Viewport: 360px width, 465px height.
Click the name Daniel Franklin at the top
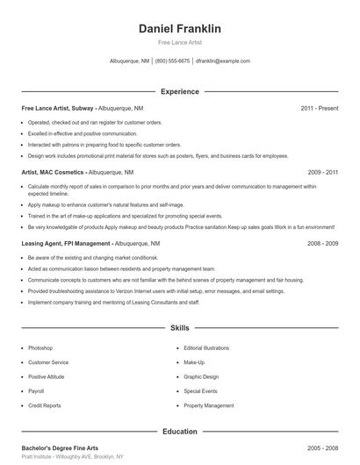click(x=179, y=29)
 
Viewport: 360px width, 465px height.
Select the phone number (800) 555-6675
click(x=172, y=61)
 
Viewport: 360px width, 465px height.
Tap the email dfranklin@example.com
click(x=223, y=61)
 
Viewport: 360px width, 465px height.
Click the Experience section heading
click(x=179, y=91)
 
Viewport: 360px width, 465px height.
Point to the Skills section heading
click(x=179, y=328)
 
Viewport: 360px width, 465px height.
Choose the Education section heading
click(x=179, y=432)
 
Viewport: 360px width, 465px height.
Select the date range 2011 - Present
click(x=319, y=108)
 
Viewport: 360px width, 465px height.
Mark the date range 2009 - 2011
click(x=322, y=173)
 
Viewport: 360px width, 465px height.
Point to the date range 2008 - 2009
click(x=322, y=242)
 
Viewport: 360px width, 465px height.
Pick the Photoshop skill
click(x=40, y=348)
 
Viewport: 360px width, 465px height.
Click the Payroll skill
click(x=36, y=391)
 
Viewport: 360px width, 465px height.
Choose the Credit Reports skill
click(x=44, y=406)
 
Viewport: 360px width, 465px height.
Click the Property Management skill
click(x=209, y=406)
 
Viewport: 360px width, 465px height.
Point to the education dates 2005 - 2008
click(x=322, y=447)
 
